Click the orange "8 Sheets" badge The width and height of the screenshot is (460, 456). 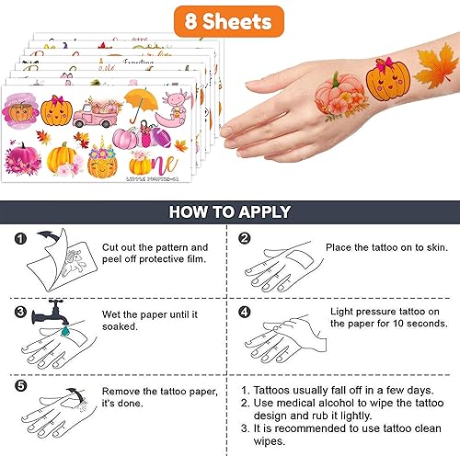pyautogui.click(x=229, y=19)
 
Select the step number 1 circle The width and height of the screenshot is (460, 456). pyautogui.click(x=20, y=240)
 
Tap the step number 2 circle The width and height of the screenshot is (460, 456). pyautogui.click(x=245, y=240)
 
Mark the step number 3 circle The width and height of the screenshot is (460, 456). pyautogui.click(x=20, y=313)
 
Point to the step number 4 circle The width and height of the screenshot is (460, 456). pyautogui.click(x=245, y=313)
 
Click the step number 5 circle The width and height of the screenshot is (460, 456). pyautogui.click(x=20, y=387)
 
